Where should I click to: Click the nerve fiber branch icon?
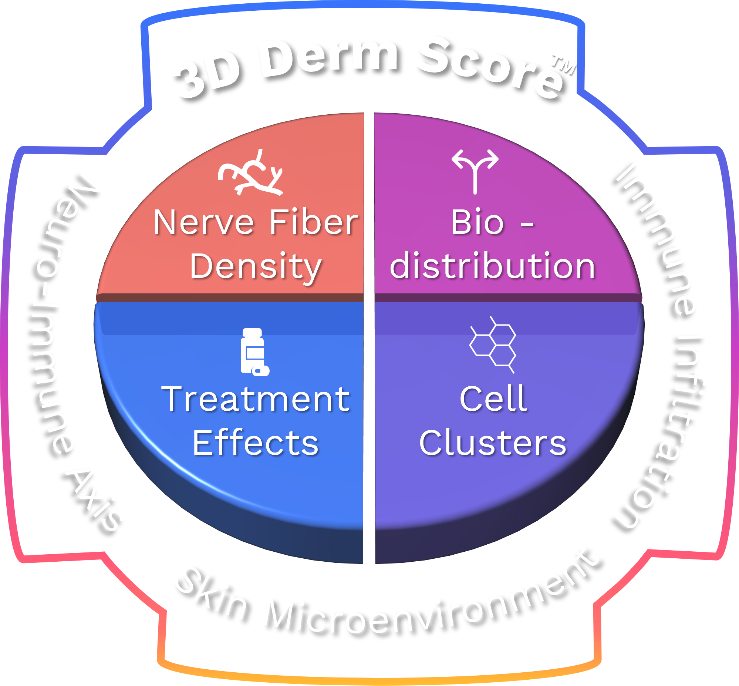251,173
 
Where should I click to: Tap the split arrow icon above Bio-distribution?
475,171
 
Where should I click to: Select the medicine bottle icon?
254,352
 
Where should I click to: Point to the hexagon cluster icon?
493,344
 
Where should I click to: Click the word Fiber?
314,223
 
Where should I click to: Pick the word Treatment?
256,399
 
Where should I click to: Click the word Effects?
256,443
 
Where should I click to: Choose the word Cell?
493,399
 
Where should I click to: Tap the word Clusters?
493,443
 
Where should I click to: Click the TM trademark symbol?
564,64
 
